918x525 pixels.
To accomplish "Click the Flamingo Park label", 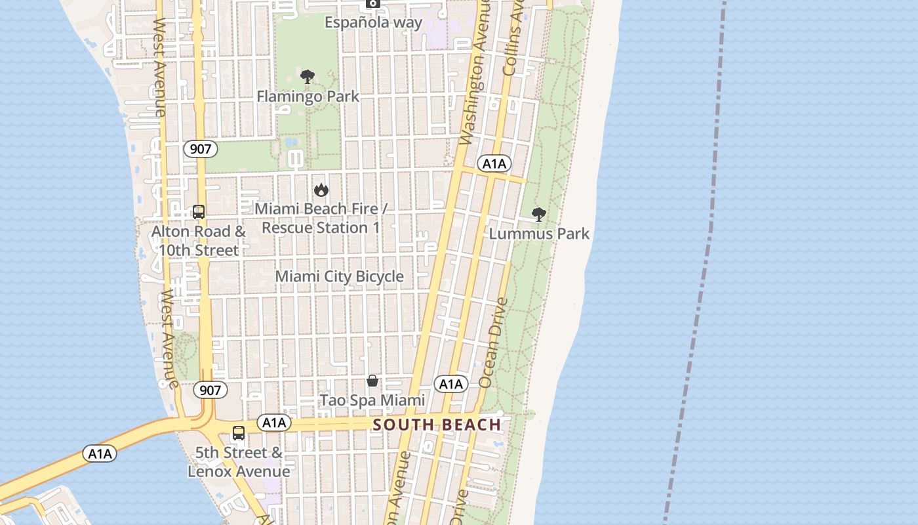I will pos(308,96).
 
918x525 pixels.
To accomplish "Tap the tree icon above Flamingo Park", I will pos(307,76).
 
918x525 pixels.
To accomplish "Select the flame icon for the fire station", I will pos(321,190).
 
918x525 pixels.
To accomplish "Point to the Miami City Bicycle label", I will pos(339,276).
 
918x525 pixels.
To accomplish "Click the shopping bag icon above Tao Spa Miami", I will pos(372,381).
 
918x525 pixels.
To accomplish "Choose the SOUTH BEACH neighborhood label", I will pos(437,425).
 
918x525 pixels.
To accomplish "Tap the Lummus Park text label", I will pos(539,234).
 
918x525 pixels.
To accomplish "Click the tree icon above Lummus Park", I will pos(538,214).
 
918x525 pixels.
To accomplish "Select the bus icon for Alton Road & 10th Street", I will pos(198,212).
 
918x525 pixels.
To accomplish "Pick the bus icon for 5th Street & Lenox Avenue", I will pos(239,433).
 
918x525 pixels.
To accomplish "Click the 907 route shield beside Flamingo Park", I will pos(200,149).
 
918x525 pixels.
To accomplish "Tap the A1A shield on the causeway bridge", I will pos(100,453).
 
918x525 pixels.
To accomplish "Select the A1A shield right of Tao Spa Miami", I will pos(451,384).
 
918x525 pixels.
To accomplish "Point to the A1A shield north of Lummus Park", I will pos(494,163).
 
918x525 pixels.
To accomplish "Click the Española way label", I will pos(374,22).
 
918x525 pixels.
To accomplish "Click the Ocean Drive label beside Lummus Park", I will pos(492,343).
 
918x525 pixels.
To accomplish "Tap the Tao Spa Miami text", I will pos(372,400).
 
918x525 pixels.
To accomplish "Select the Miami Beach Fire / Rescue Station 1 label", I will pos(321,219).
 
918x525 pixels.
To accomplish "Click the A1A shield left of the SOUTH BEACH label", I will pos(273,423).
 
